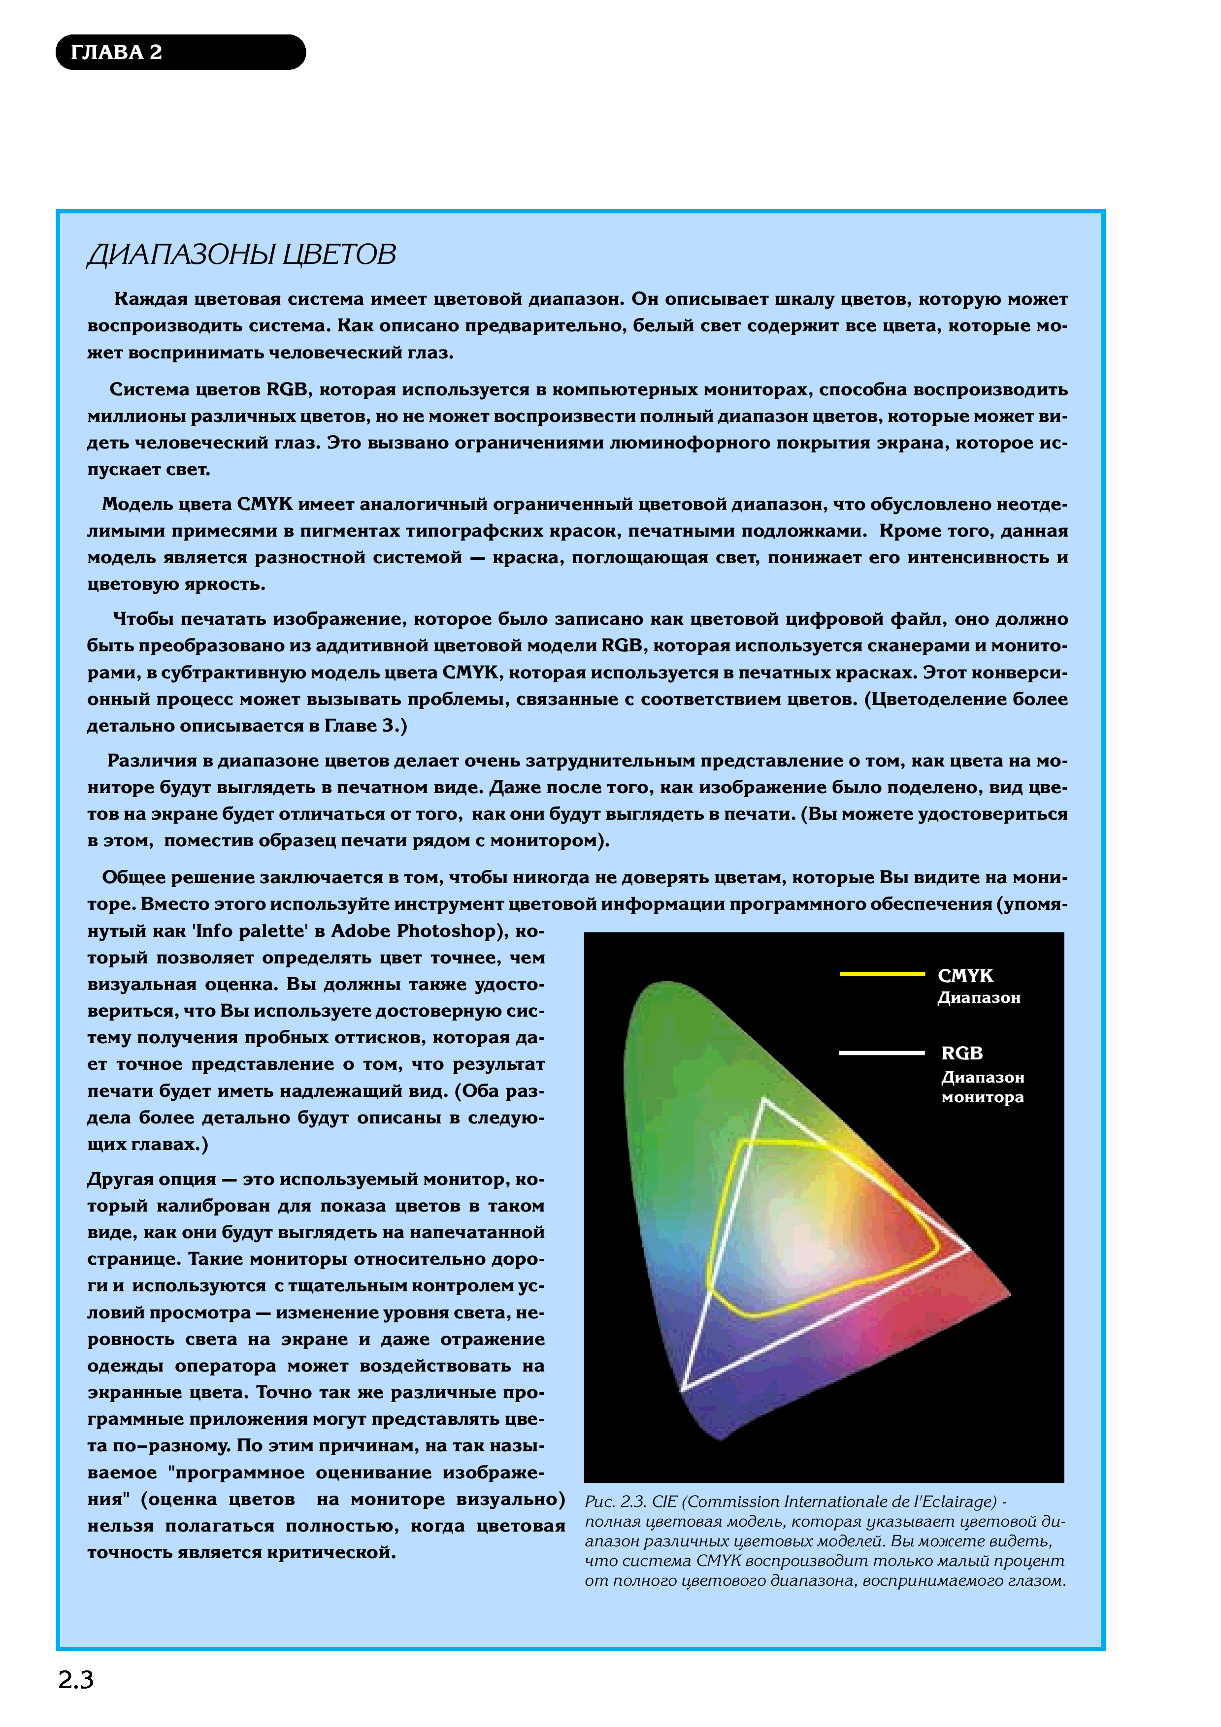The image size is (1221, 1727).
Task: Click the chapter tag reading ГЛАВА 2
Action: coord(117,53)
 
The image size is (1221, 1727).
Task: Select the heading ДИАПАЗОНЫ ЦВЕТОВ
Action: coord(241,255)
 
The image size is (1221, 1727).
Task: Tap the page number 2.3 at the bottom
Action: coord(75,1680)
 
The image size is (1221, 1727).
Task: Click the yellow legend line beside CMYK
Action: coord(882,974)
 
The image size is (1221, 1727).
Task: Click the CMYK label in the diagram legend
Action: coord(965,976)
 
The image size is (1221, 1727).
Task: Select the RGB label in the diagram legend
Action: coord(962,1053)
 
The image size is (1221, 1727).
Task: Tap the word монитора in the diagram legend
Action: coord(983,1097)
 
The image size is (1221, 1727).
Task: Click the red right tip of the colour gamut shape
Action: coord(1008,1294)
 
